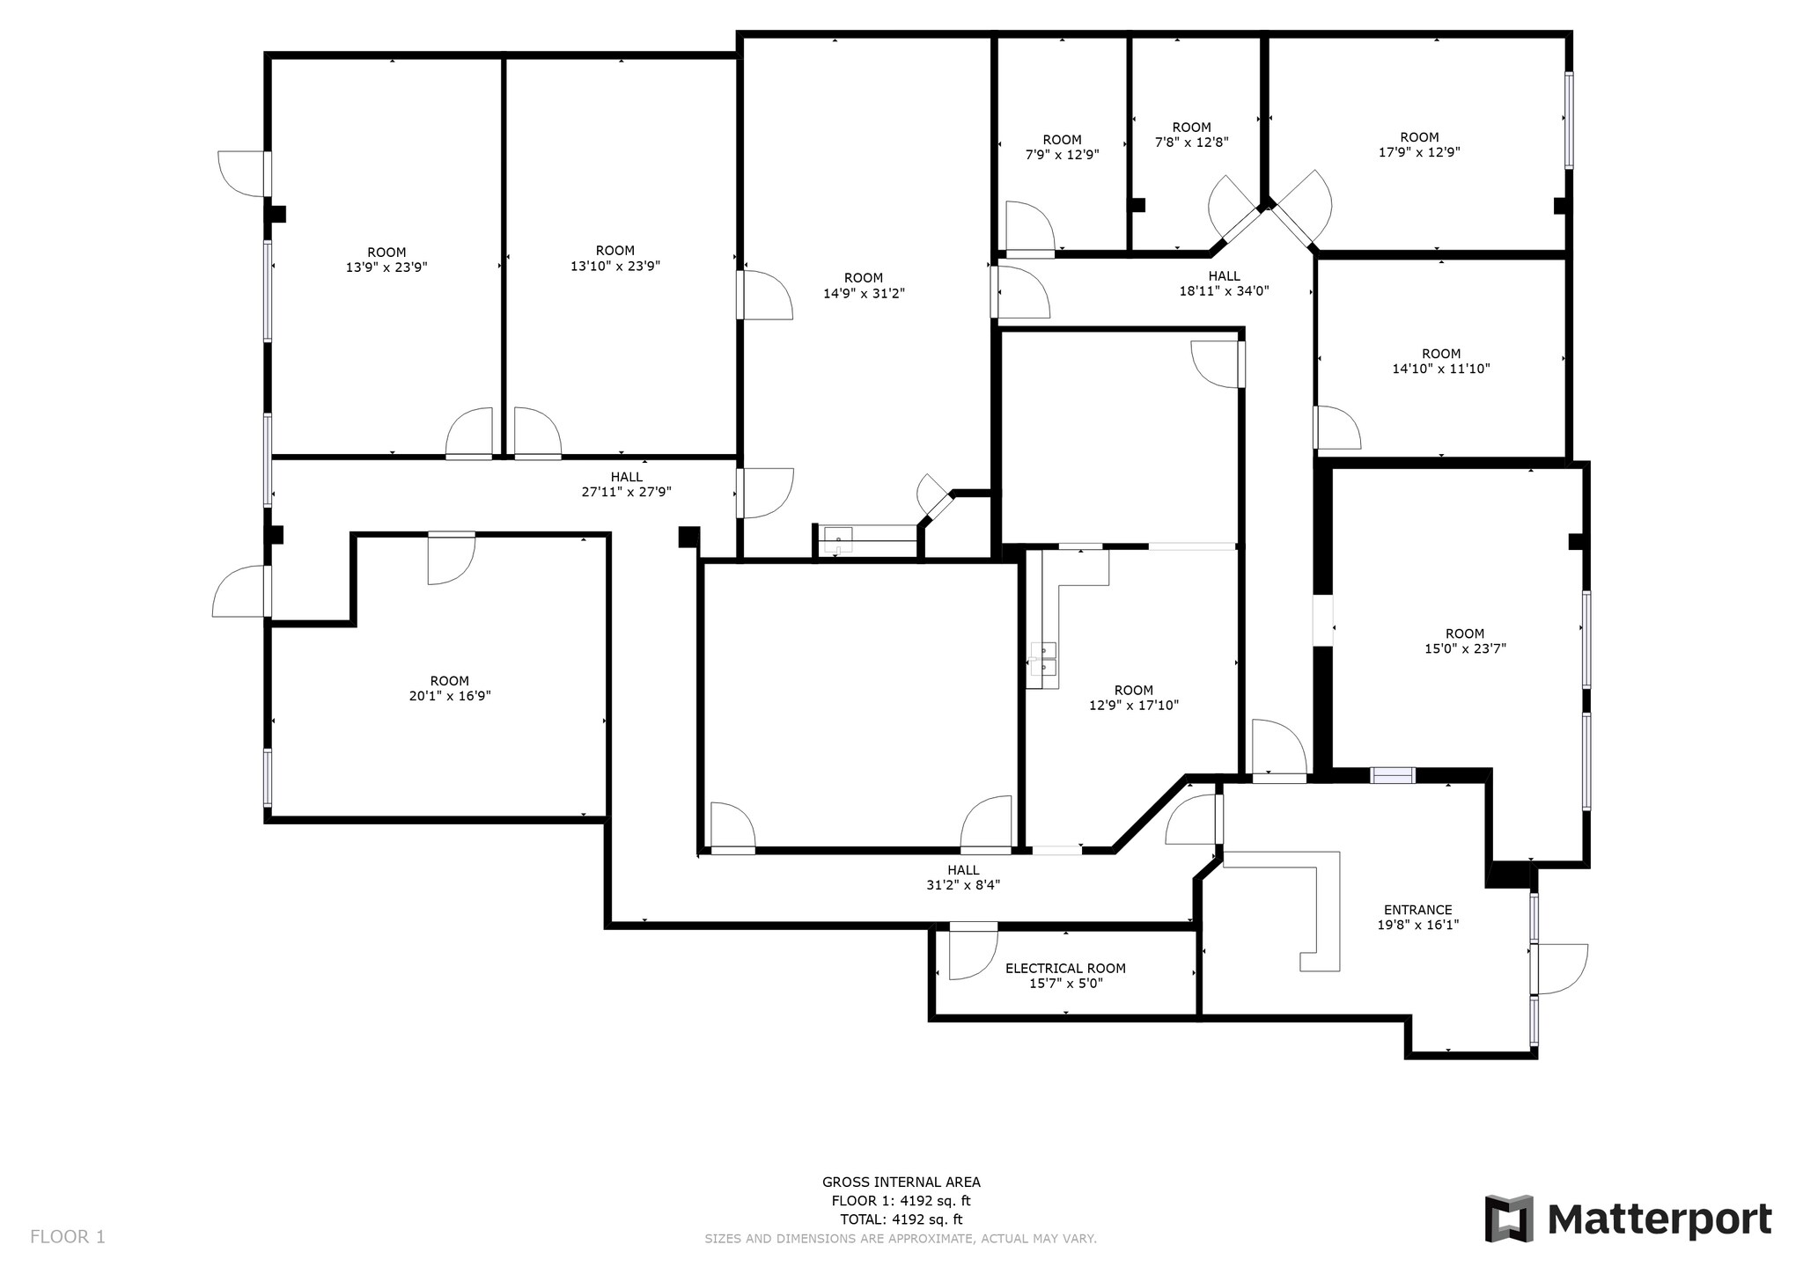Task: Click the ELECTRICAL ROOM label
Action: [x=1065, y=969]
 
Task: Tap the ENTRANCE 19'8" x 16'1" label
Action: [x=1417, y=917]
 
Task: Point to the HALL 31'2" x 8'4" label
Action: [x=963, y=877]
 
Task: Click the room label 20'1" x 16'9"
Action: [x=449, y=688]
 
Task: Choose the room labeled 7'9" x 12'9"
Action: [x=1062, y=147]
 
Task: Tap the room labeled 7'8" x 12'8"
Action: [x=1191, y=135]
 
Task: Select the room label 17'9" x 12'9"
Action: [x=1419, y=144]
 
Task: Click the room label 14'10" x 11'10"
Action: [x=1440, y=362]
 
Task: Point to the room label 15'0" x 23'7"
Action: [x=1465, y=641]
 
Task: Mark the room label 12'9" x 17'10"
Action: [x=1133, y=698]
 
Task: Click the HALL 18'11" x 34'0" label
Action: [x=1224, y=283]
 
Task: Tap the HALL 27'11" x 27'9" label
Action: [x=626, y=485]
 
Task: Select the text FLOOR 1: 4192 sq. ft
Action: [x=901, y=1201]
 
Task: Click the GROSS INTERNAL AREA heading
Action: [x=901, y=1182]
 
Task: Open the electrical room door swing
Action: [x=971, y=952]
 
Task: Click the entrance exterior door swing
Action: [x=1561, y=968]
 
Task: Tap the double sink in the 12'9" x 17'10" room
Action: [x=1044, y=659]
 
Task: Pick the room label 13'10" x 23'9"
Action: [x=614, y=258]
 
